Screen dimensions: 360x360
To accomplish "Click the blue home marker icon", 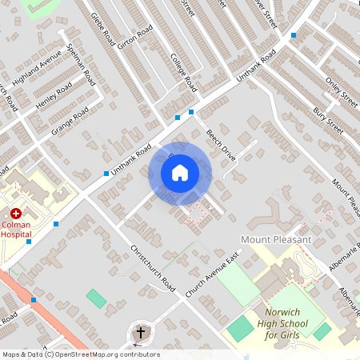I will tap(180, 172).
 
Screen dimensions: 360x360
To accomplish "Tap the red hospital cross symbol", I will tap(15, 214).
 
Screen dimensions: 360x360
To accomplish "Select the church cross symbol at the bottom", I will tap(141, 332).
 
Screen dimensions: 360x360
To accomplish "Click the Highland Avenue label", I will tap(39, 70).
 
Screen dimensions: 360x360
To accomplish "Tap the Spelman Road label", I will tap(82, 66).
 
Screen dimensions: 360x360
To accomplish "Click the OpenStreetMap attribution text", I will tap(80, 354).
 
